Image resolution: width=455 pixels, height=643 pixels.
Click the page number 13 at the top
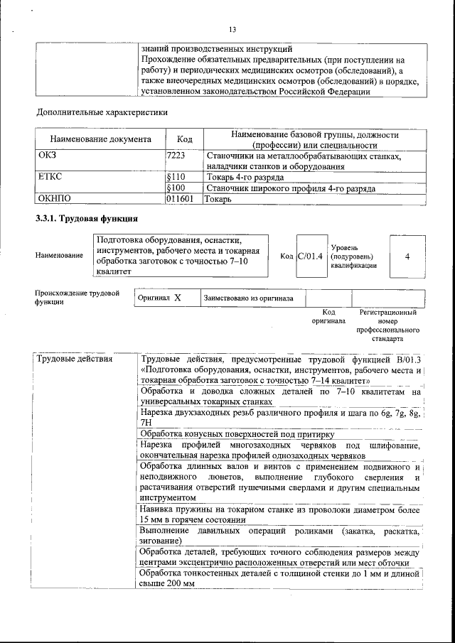pos(232,29)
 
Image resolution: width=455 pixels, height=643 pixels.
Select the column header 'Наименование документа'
pos(100,140)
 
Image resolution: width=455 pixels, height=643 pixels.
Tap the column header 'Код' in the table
pos(185,140)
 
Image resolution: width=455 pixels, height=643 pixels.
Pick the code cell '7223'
pos(176,156)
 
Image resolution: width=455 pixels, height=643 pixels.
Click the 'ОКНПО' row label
pos(54,200)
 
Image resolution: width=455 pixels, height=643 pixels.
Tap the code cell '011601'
pos(181,200)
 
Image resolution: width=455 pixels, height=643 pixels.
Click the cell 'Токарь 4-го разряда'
pos(245,176)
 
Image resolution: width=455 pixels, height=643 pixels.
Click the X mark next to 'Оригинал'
pos(177,298)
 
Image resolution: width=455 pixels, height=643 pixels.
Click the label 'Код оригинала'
pos(328,316)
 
